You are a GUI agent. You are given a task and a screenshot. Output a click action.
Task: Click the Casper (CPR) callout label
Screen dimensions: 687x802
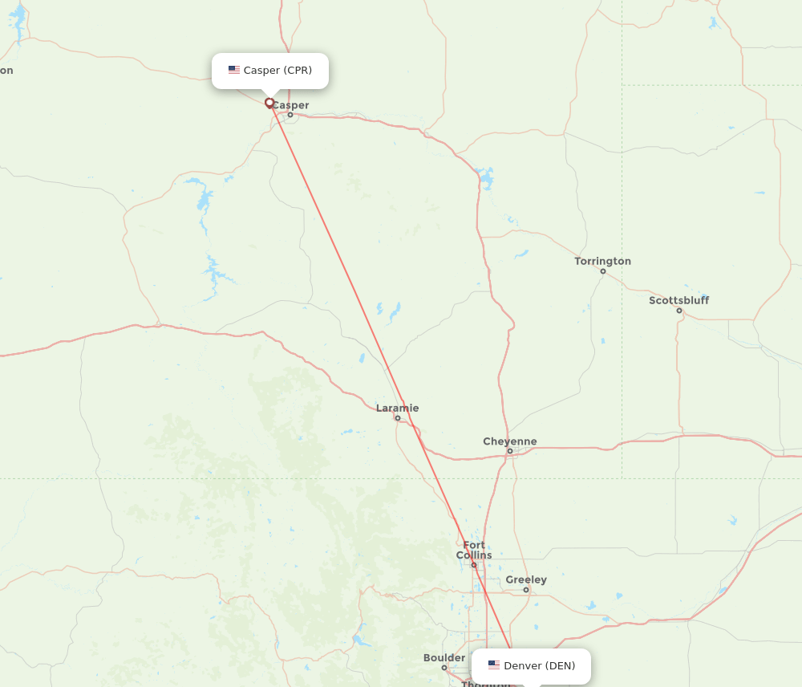point(270,71)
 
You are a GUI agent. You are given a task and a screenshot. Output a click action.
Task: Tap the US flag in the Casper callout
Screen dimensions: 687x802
point(234,71)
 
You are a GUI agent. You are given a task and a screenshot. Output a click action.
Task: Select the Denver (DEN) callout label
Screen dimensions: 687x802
point(531,666)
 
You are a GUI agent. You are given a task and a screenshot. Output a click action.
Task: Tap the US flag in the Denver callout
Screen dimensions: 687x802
point(494,665)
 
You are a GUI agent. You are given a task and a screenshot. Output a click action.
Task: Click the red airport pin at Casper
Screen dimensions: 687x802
point(269,103)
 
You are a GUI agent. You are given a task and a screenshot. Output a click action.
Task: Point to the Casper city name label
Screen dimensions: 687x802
point(290,105)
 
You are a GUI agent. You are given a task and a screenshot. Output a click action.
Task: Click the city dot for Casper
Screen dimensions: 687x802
point(290,115)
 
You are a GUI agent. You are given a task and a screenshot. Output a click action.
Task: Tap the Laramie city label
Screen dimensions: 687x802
point(397,408)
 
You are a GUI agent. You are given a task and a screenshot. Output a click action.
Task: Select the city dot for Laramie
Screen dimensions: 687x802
point(397,418)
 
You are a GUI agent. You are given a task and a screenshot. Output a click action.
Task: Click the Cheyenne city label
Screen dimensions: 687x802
point(509,441)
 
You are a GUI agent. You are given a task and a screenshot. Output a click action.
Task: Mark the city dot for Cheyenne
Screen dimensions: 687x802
point(509,451)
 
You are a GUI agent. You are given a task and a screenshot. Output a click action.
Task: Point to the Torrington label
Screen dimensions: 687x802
point(602,261)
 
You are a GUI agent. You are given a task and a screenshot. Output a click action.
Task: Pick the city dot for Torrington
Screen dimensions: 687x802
point(603,271)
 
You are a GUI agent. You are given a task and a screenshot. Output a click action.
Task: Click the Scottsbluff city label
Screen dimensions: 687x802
point(678,300)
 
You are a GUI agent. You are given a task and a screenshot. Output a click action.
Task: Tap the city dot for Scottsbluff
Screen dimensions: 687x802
point(679,311)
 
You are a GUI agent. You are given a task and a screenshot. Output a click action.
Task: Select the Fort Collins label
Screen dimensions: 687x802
point(474,550)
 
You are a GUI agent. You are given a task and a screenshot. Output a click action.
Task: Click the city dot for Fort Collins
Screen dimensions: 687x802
point(474,565)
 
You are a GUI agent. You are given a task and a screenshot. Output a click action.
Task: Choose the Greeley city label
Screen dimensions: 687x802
point(526,579)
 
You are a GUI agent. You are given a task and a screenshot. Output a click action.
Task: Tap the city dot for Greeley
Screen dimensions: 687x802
point(526,590)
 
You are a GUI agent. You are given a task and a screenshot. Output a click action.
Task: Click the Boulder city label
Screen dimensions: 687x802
point(444,658)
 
